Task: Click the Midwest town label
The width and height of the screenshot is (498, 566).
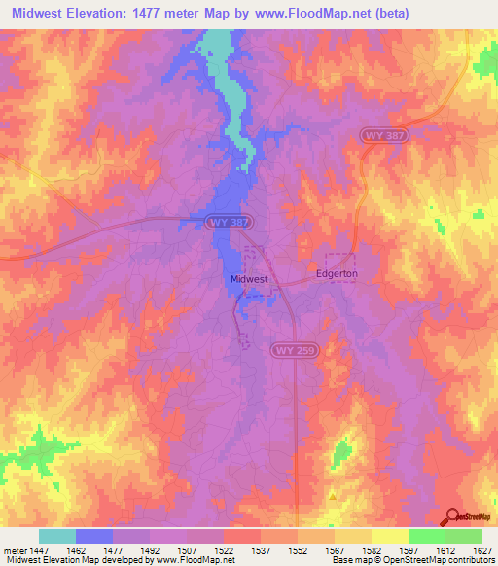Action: (x=248, y=279)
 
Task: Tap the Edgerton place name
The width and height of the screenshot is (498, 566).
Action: (x=338, y=274)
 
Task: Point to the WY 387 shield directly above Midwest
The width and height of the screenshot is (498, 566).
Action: (x=230, y=223)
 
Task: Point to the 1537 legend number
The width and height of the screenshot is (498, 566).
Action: (x=262, y=550)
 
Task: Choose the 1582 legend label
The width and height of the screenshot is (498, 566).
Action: (x=372, y=550)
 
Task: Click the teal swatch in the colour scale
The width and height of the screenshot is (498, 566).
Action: (x=57, y=536)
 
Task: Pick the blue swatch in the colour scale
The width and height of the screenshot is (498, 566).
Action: (x=94, y=536)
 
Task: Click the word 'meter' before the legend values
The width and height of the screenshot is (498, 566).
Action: (x=15, y=550)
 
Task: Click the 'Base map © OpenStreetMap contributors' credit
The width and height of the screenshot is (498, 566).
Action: (x=412, y=561)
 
